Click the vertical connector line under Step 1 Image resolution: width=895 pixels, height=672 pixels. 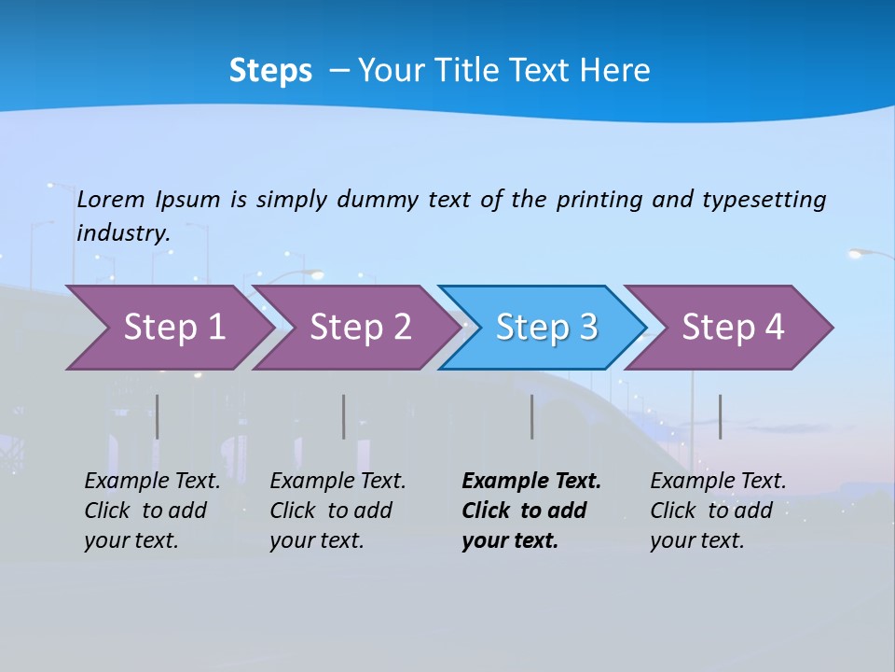157,416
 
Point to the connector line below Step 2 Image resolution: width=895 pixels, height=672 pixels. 343,416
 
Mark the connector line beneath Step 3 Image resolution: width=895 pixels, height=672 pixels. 531,416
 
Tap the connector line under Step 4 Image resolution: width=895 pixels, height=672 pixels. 720,416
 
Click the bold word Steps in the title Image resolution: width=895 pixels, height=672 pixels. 270,71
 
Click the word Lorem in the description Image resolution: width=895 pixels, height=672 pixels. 111,199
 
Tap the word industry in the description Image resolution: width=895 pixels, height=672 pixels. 123,232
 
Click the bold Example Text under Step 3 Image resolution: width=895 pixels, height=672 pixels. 531,482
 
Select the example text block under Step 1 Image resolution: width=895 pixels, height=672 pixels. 152,511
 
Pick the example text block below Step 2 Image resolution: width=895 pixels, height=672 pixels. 337,511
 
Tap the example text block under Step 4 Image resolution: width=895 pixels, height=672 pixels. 718,511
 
